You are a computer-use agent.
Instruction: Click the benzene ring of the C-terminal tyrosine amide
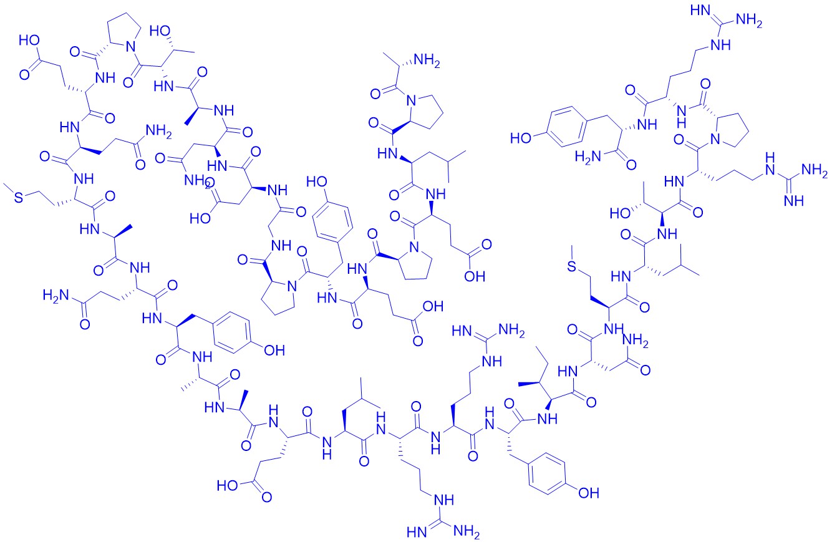tap(566, 127)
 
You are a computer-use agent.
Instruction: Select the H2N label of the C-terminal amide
tap(588, 157)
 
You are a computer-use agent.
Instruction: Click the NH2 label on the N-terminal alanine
tap(427, 60)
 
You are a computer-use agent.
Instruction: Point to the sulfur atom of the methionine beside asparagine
tap(573, 266)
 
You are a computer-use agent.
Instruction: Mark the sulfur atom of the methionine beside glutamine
tap(18, 197)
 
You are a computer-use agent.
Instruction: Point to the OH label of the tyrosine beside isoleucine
tap(589, 493)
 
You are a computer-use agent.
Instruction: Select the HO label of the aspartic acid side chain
tap(201, 218)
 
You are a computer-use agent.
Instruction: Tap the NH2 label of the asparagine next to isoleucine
tap(636, 341)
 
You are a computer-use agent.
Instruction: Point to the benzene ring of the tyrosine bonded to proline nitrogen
tap(332, 221)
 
